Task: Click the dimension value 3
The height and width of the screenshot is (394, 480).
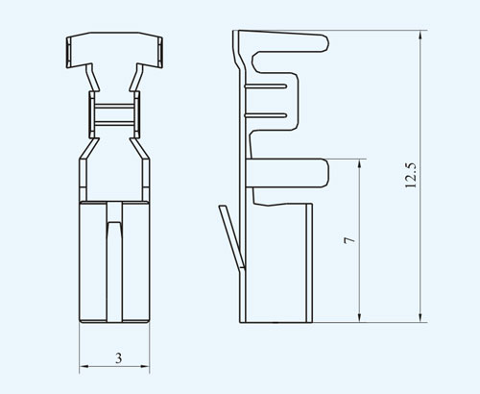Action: (x=118, y=358)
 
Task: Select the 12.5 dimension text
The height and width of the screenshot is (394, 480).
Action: (x=411, y=175)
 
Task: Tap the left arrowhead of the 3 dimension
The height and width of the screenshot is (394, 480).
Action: (x=84, y=366)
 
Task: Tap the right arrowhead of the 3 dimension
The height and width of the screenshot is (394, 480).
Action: (x=145, y=366)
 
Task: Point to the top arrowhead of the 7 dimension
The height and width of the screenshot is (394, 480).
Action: (x=359, y=163)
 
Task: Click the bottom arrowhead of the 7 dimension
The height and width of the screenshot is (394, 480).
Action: (x=359, y=317)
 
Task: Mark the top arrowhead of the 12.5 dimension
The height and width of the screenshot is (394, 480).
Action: (x=420, y=36)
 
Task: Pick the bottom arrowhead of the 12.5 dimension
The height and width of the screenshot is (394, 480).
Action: (x=420, y=317)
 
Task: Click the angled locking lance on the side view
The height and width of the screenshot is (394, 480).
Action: (x=231, y=235)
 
